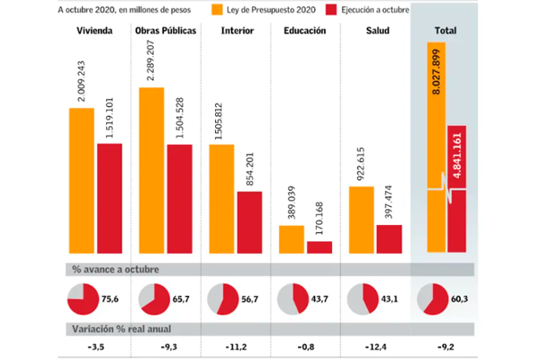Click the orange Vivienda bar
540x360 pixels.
[x=82, y=181]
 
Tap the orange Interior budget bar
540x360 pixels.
[x=221, y=199]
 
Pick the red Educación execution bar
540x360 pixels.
[x=319, y=247]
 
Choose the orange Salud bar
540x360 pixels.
[x=363, y=220]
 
